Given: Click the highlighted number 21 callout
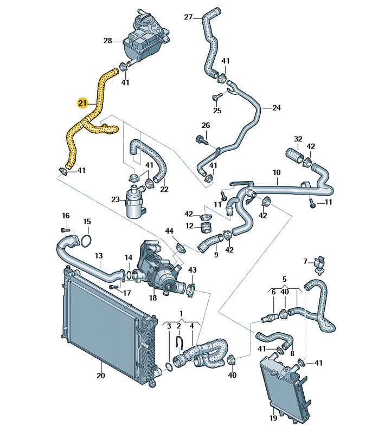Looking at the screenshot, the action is pyautogui.click(x=82, y=104).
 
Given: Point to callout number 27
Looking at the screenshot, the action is pyautogui.click(x=188, y=17).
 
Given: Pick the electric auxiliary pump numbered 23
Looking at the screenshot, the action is pyautogui.click(x=135, y=202).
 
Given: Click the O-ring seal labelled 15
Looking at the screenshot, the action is pyautogui.click(x=87, y=241).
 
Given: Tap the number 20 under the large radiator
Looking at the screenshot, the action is pyautogui.click(x=101, y=376).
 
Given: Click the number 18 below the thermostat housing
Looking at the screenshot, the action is pyautogui.click(x=153, y=298).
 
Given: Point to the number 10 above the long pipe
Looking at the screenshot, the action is pyautogui.click(x=277, y=172).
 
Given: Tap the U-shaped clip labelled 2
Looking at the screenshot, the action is pyautogui.click(x=179, y=342).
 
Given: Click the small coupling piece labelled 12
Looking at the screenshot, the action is pyautogui.click(x=206, y=228).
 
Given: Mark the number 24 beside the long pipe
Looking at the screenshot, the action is pyautogui.click(x=277, y=108).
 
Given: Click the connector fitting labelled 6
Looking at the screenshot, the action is pyautogui.click(x=270, y=319).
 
